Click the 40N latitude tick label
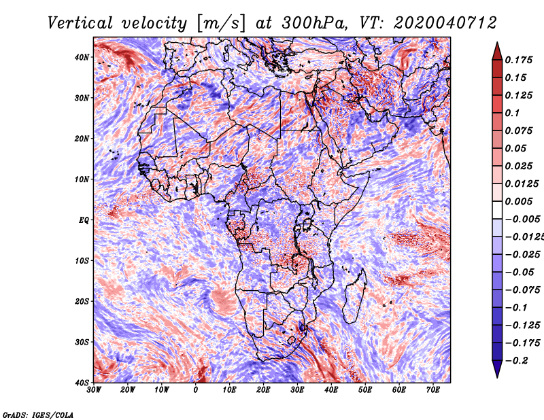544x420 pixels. point(82,57)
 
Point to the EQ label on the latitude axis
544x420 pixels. point(84,220)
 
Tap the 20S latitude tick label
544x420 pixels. point(82,301)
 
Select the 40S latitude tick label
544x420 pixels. point(82,383)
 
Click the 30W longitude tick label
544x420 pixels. point(94,390)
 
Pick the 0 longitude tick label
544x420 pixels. point(196,390)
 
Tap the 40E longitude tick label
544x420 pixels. point(331,390)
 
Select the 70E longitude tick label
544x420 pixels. point(433,390)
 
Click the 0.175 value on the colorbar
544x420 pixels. point(518,60)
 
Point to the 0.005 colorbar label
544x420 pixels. point(518,201)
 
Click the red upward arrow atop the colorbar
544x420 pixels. point(497,52)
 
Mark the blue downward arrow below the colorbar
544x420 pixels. point(497,369)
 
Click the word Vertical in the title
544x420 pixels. point(80,23)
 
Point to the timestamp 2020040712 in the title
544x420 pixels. point(445,23)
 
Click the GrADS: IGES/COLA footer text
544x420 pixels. point(38,415)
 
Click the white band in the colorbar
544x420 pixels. point(497,210)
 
